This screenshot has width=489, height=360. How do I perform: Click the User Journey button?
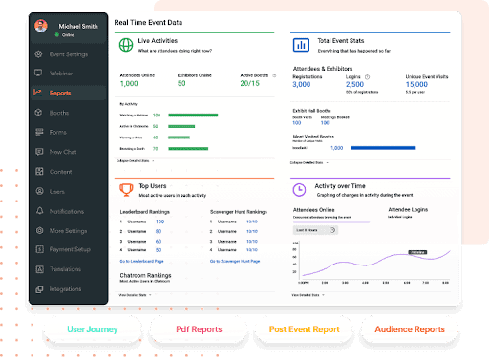coord(94,329)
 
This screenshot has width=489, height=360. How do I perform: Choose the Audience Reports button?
coord(411,329)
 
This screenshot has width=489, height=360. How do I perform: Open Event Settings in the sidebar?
coord(69,53)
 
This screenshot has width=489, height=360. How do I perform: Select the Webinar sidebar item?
coord(61,73)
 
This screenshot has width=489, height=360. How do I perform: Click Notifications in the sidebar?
coord(67,211)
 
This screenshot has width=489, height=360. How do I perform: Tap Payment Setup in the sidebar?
coord(69,250)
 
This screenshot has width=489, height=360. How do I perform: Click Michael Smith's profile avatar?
coord(41,27)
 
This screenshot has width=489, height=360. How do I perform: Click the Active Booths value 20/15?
coord(249,84)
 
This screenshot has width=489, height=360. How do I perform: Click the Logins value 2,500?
coord(375,85)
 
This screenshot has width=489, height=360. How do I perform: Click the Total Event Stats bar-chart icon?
coord(299,44)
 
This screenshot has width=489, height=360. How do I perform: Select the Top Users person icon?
coord(127,190)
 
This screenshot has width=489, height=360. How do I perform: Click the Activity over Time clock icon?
coord(299,190)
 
